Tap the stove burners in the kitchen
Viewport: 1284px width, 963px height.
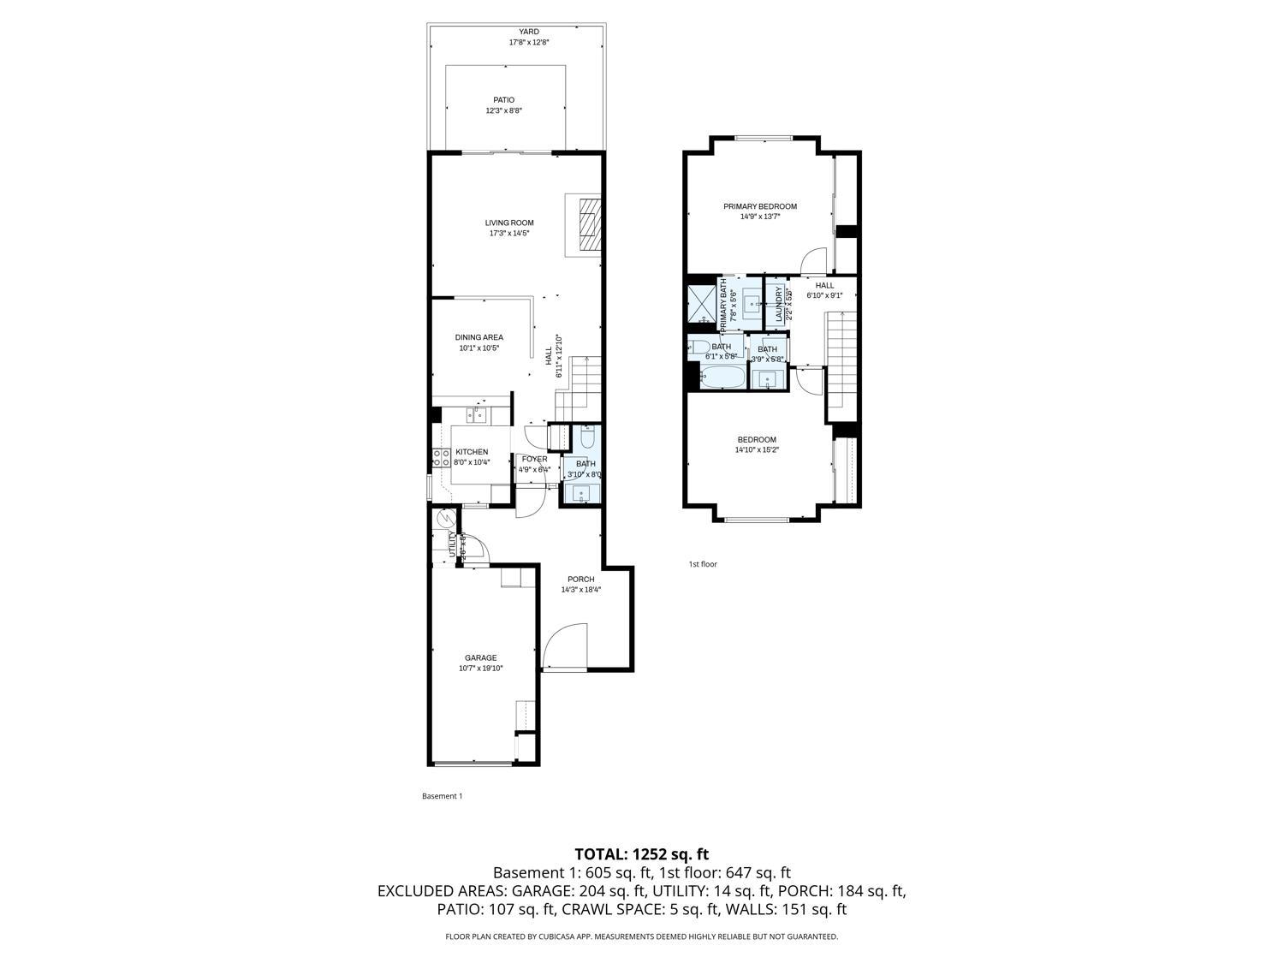442,458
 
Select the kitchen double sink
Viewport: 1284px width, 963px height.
477,415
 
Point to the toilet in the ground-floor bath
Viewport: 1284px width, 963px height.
587,440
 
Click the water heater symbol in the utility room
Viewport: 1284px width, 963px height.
445,519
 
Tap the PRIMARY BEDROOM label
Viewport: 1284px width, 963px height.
759,206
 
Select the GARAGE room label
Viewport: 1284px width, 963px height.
480,657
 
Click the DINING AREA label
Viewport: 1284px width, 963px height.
479,337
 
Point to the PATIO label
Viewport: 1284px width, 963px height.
503,100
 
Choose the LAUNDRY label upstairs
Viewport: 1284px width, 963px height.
779,302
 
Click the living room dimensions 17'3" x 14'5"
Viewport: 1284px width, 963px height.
509,233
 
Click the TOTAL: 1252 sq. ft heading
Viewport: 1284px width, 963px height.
641,853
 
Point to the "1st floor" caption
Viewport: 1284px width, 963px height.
702,564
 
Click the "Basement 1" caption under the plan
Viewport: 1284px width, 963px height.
442,796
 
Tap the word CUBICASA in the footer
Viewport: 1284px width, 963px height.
557,936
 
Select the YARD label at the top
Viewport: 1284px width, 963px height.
528,32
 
